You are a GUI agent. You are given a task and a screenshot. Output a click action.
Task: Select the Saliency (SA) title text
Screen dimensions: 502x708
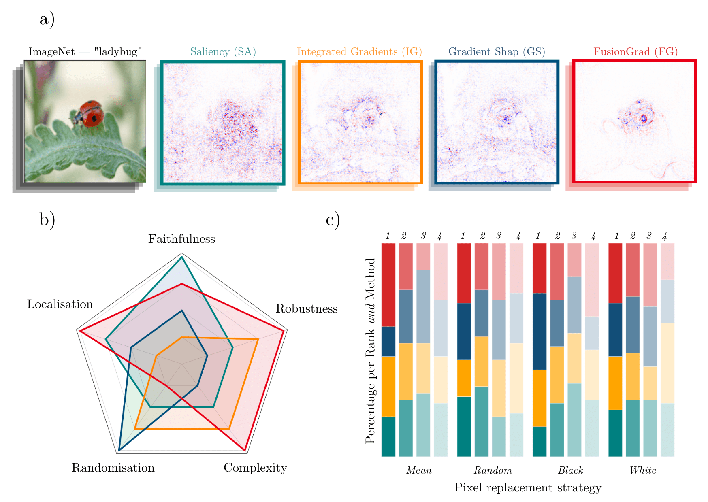[x=223, y=52]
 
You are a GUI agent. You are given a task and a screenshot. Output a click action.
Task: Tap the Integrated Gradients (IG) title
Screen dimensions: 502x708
[x=359, y=52]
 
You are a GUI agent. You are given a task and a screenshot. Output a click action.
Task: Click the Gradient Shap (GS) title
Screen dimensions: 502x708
[x=497, y=52]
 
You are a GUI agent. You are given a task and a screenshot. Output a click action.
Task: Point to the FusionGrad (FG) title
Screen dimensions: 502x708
[x=635, y=52]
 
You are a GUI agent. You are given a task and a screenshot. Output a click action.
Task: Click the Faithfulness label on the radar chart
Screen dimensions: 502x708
[x=181, y=239]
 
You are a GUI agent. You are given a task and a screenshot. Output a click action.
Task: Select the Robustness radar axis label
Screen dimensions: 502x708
[x=307, y=309]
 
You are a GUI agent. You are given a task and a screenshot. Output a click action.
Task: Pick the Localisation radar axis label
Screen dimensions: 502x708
[x=60, y=304]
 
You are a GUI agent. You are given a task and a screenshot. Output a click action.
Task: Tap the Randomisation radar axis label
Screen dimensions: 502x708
[x=113, y=468]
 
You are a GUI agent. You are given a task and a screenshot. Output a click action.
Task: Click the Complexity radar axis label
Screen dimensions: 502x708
[x=255, y=468]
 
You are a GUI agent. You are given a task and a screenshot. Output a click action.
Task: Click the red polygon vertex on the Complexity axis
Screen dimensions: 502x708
[x=245, y=450]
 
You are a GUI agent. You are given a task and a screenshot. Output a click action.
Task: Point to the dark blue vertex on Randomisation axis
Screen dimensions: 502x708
[x=119, y=450]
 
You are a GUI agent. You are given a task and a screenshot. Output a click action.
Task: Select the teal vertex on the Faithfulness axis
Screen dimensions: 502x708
[x=182, y=257]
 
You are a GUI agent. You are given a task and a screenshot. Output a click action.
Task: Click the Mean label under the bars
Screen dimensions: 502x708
[x=419, y=470]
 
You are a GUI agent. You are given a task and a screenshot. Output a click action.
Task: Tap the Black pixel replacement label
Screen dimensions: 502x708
[x=570, y=470]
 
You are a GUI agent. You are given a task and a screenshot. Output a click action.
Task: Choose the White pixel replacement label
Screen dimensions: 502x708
[x=643, y=470]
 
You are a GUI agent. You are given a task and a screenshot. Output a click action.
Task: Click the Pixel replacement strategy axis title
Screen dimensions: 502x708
[x=528, y=488]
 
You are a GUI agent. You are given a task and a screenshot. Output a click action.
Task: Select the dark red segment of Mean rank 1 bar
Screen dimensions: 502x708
[x=388, y=285]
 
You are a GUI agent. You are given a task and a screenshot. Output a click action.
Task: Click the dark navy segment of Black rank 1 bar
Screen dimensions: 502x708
[x=540, y=331]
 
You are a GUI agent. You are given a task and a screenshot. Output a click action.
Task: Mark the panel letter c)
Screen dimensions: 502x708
[x=333, y=220]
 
